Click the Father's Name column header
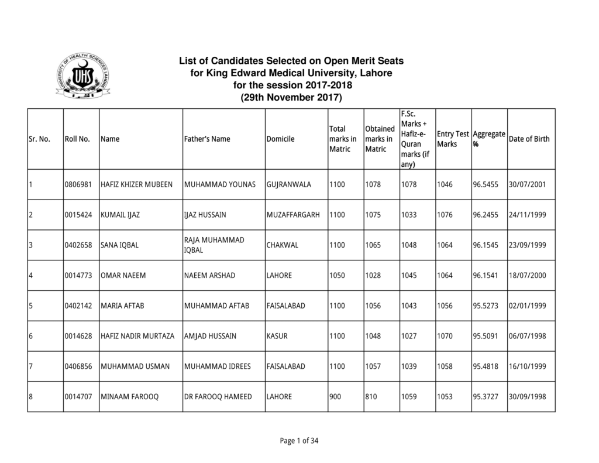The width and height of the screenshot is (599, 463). [x=206, y=139]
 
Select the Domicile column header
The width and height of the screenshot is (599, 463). [x=280, y=139]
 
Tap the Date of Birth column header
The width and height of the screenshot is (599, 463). [x=529, y=139]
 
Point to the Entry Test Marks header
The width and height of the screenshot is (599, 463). [x=453, y=139]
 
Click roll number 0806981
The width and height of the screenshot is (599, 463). [x=78, y=184]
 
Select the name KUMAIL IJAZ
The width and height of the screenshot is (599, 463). [x=120, y=215]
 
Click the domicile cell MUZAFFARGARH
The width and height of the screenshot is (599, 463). [x=293, y=215]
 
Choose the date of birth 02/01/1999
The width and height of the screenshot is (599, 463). [x=527, y=306]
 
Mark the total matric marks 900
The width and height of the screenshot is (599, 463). [x=335, y=397]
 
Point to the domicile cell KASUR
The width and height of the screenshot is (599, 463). [x=277, y=337]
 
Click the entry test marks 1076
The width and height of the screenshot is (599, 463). [x=445, y=215]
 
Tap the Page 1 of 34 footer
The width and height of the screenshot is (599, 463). [x=299, y=441]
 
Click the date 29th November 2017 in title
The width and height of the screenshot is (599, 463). [x=291, y=97]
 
